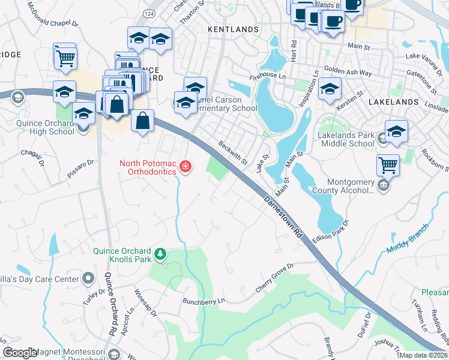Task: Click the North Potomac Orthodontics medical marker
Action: [x=185, y=166]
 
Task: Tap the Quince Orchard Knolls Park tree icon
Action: [x=160, y=254]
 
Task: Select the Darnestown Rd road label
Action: [x=281, y=217]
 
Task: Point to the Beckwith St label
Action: [x=233, y=153]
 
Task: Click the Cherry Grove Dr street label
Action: [x=274, y=277]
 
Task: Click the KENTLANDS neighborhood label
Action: [x=233, y=29]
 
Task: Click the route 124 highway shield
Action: [x=148, y=13]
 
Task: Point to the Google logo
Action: [x=20, y=353]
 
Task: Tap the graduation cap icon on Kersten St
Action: [x=330, y=89]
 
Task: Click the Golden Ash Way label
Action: [x=348, y=71]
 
